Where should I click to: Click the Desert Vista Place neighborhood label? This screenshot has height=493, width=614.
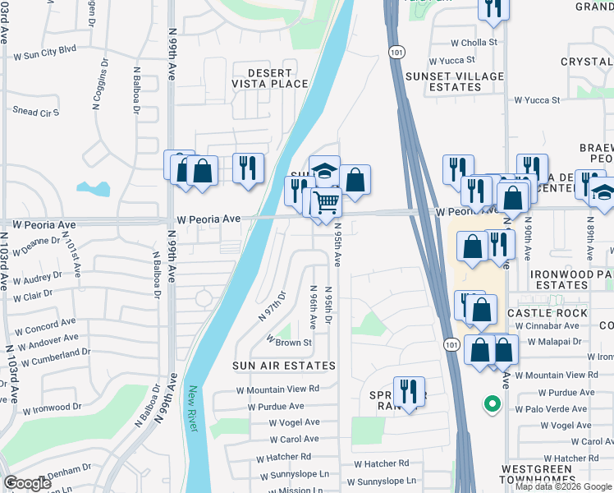[x=258, y=77]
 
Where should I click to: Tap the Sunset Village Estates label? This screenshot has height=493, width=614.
[x=455, y=81]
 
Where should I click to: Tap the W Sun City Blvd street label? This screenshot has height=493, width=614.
[x=44, y=49]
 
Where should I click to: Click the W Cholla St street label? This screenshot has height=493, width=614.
[x=474, y=43]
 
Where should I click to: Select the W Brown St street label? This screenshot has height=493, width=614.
[x=288, y=342]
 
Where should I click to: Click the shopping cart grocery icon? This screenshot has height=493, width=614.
[x=327, y=201]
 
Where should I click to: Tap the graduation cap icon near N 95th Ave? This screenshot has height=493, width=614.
[x=324, y=170]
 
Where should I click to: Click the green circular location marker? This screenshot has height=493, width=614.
[x=491, y=403]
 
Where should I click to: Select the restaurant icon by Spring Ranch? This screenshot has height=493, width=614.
[x=408, y=390]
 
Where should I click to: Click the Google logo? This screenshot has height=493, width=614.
[x=27, y=483]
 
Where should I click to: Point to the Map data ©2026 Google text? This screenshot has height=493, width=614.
[x=562, y=486]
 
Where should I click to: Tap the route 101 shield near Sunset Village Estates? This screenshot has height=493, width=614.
[x=396, y=51]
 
